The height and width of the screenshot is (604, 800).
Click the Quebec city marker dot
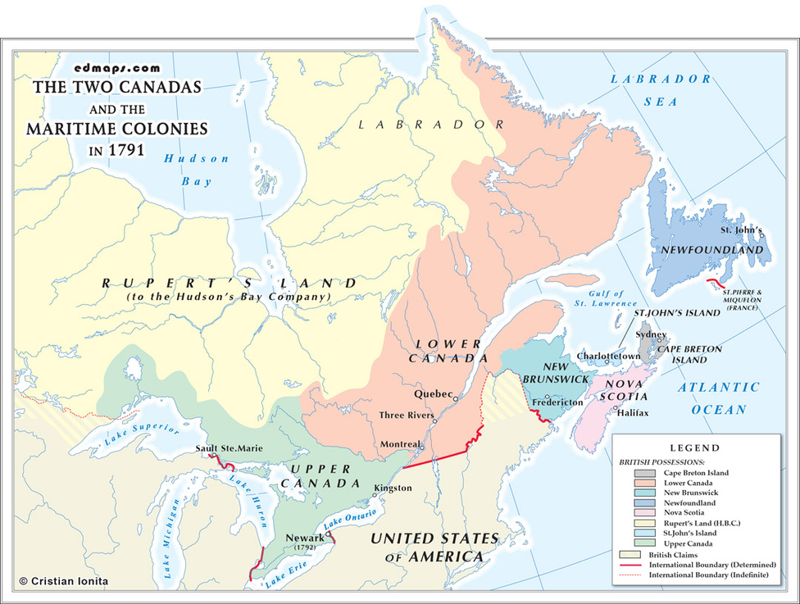point(456,397)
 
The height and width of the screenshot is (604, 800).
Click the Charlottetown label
point(608,357)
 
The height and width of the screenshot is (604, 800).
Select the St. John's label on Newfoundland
point(741,231)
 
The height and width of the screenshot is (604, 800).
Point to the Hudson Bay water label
point(196,170)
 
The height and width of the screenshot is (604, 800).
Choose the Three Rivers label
point(406,416)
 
